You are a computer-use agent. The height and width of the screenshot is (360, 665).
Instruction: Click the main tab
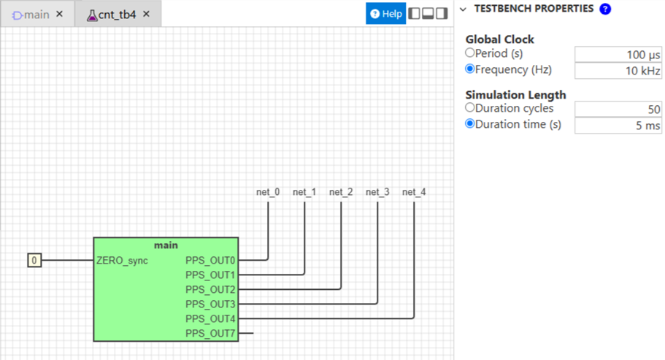click(x=31, y=15)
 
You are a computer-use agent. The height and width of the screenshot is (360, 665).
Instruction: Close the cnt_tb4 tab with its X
click(x=146, y=15)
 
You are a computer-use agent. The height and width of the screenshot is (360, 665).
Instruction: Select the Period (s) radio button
click(x=469, y=53)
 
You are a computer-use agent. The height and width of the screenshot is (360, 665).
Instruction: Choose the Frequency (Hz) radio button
click(x=469, y=69)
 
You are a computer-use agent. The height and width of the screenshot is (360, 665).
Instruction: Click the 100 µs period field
click(x=618, y=55)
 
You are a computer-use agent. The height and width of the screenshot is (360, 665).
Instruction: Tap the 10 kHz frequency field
click(x=618, y=71)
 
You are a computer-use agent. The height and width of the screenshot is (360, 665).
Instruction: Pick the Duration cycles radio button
click(x=469, y=107)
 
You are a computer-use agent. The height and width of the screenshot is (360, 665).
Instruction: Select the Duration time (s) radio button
click(x=469, y=124)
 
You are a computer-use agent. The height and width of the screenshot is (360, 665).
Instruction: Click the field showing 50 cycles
click(x=618, y=110)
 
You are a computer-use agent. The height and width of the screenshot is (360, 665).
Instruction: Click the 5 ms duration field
click(x=618, y=126)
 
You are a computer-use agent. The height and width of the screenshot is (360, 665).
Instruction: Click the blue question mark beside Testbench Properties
click(x=605, y=9)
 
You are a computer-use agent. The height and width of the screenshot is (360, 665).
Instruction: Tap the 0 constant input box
click(x=34, y=260)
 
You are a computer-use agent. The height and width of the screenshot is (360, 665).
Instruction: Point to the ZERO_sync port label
click(x=122, y=261)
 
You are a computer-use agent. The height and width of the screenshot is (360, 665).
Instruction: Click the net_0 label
click(x=268, y=192)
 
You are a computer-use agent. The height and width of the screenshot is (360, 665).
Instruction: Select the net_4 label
click(x=414, y=192)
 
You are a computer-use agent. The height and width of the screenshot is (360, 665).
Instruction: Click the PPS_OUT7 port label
click(x=210, y=334)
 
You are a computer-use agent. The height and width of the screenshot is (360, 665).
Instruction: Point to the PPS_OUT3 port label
click(x=210, y=305)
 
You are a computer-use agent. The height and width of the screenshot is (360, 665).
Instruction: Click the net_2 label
click(x=341, y=192)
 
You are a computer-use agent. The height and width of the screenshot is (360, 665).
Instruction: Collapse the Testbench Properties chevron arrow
click(x=463, y=9)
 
